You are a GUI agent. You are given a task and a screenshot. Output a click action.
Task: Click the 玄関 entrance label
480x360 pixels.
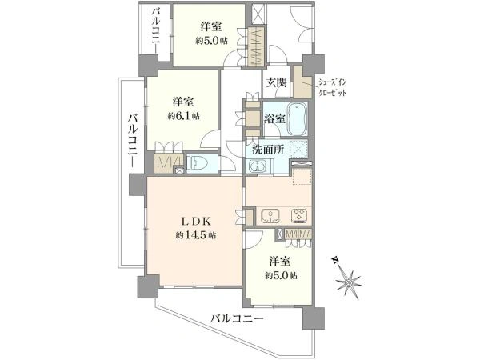click(x=276, y=82)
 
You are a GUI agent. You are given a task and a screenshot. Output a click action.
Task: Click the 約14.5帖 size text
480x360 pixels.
click(x=194, y=235)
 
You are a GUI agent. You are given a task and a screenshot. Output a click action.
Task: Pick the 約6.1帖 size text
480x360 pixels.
click(x=184, y=116)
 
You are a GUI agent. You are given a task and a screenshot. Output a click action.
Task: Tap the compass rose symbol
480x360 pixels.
click(x=349, y=281)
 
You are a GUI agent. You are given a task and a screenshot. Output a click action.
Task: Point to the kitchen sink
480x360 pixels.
click(x=269, y=215)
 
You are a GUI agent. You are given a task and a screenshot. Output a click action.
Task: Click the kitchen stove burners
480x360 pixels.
click(x=299, y=215)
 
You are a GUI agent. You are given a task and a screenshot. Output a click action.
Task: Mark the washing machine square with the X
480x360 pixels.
click(x=299, y=149)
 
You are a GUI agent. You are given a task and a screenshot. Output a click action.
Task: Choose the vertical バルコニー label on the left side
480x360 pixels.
click(x=130, y=141)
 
